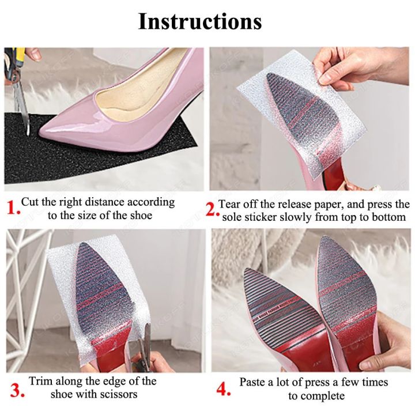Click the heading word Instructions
(x=200, y=21)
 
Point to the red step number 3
(x=13, y=389)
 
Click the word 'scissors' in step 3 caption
(x=118, y=395)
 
